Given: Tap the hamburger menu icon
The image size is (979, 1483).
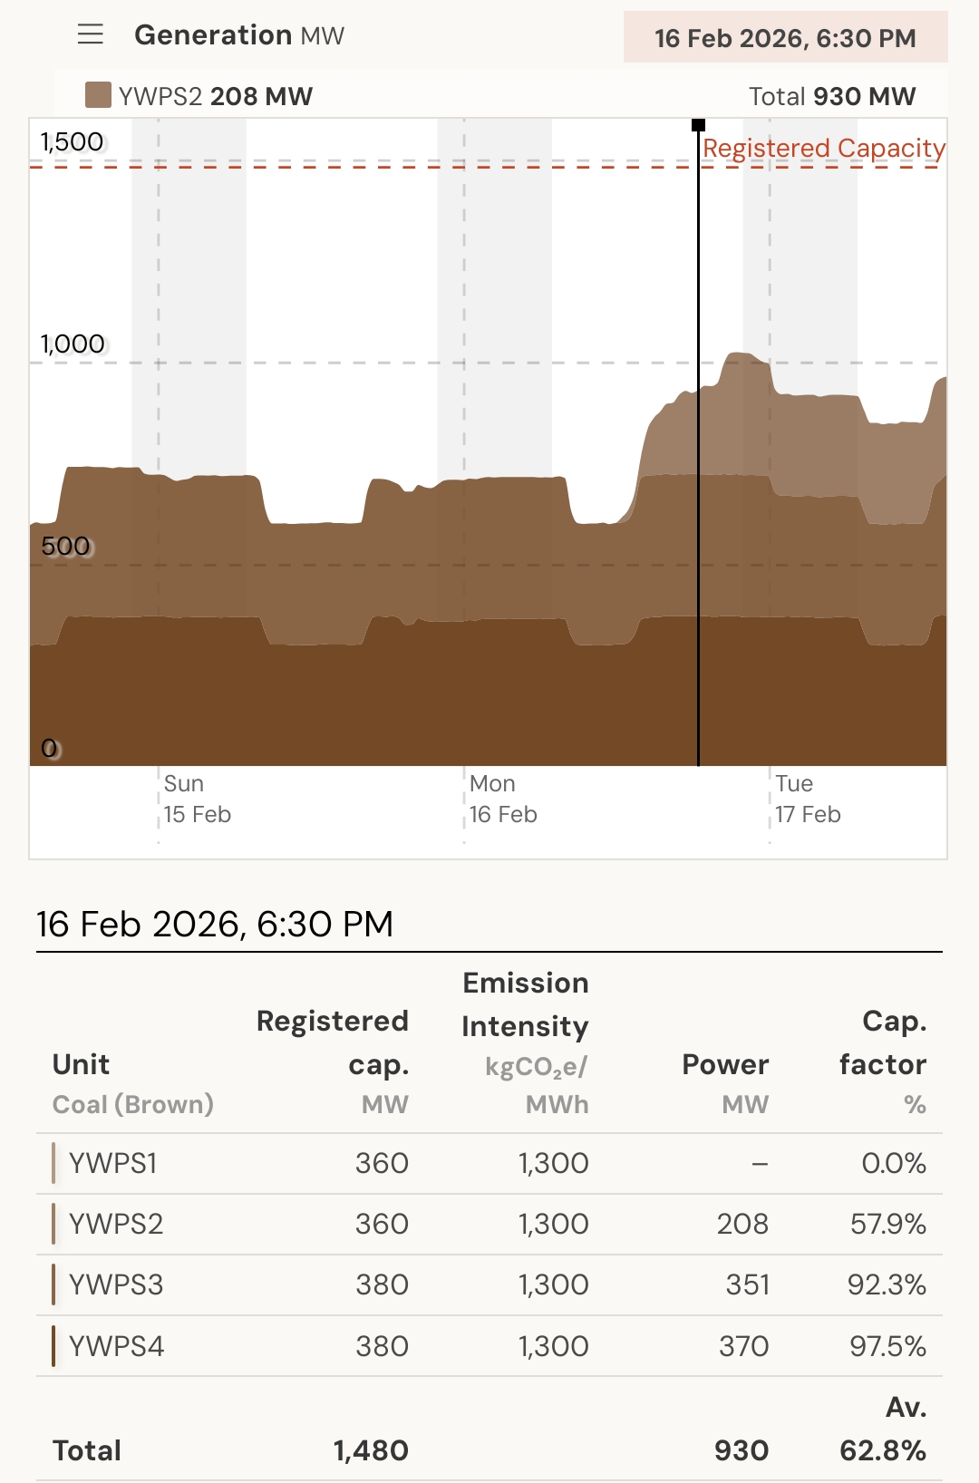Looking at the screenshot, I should pos(91,35).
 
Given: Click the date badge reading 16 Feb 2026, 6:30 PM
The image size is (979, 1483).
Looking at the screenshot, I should pos(785,38).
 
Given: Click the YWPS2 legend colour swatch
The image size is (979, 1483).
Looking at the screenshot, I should pos(98,95).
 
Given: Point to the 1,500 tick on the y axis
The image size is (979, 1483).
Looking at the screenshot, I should pos(72,142).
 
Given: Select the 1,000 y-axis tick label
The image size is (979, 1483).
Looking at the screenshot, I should pos(73,344).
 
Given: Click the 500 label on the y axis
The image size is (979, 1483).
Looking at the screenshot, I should pos(66,546).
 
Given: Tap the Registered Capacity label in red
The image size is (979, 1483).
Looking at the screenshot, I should pos(823,148).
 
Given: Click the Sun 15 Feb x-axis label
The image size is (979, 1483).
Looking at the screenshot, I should pos(197,799).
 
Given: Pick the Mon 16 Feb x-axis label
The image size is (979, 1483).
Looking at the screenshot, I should pos(502,799).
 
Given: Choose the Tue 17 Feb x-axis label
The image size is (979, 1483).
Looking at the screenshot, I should pos(807,799).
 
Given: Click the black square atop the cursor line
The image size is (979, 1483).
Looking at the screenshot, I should pos(698,125).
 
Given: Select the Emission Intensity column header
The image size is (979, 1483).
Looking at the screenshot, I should pos(525,1004).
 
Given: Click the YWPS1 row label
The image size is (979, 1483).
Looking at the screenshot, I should pos(113,1163).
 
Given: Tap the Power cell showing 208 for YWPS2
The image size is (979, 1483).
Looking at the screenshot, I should pos(742,1224).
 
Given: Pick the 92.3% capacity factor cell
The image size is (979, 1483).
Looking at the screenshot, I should pos(886,1284).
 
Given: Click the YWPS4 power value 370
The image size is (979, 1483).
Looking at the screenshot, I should pos(743,1346).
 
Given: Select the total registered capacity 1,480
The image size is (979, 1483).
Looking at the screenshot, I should pos(371,1450).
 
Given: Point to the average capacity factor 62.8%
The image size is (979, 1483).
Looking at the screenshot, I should pos(882,1450).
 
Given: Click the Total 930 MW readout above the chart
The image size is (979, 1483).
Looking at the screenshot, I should pos(831,96).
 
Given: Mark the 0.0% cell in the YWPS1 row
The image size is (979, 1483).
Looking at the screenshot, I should pos(893,1163).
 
